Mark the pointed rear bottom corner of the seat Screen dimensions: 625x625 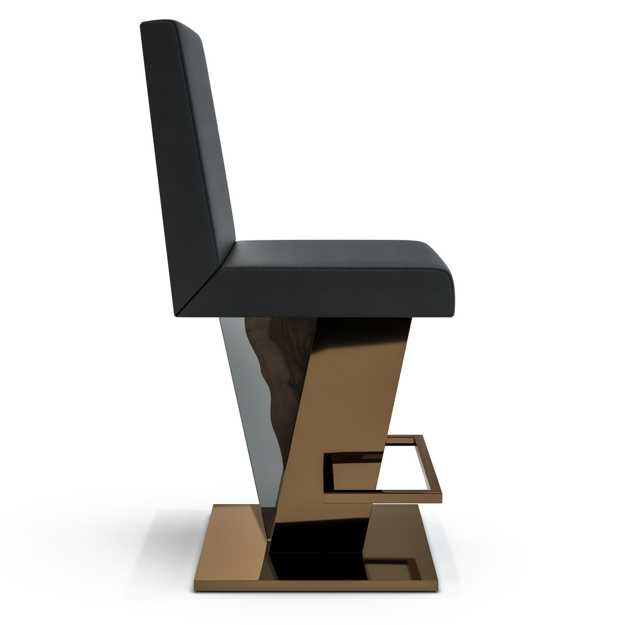tap(176, 314)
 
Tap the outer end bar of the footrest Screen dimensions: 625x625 tap(430, 467)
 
